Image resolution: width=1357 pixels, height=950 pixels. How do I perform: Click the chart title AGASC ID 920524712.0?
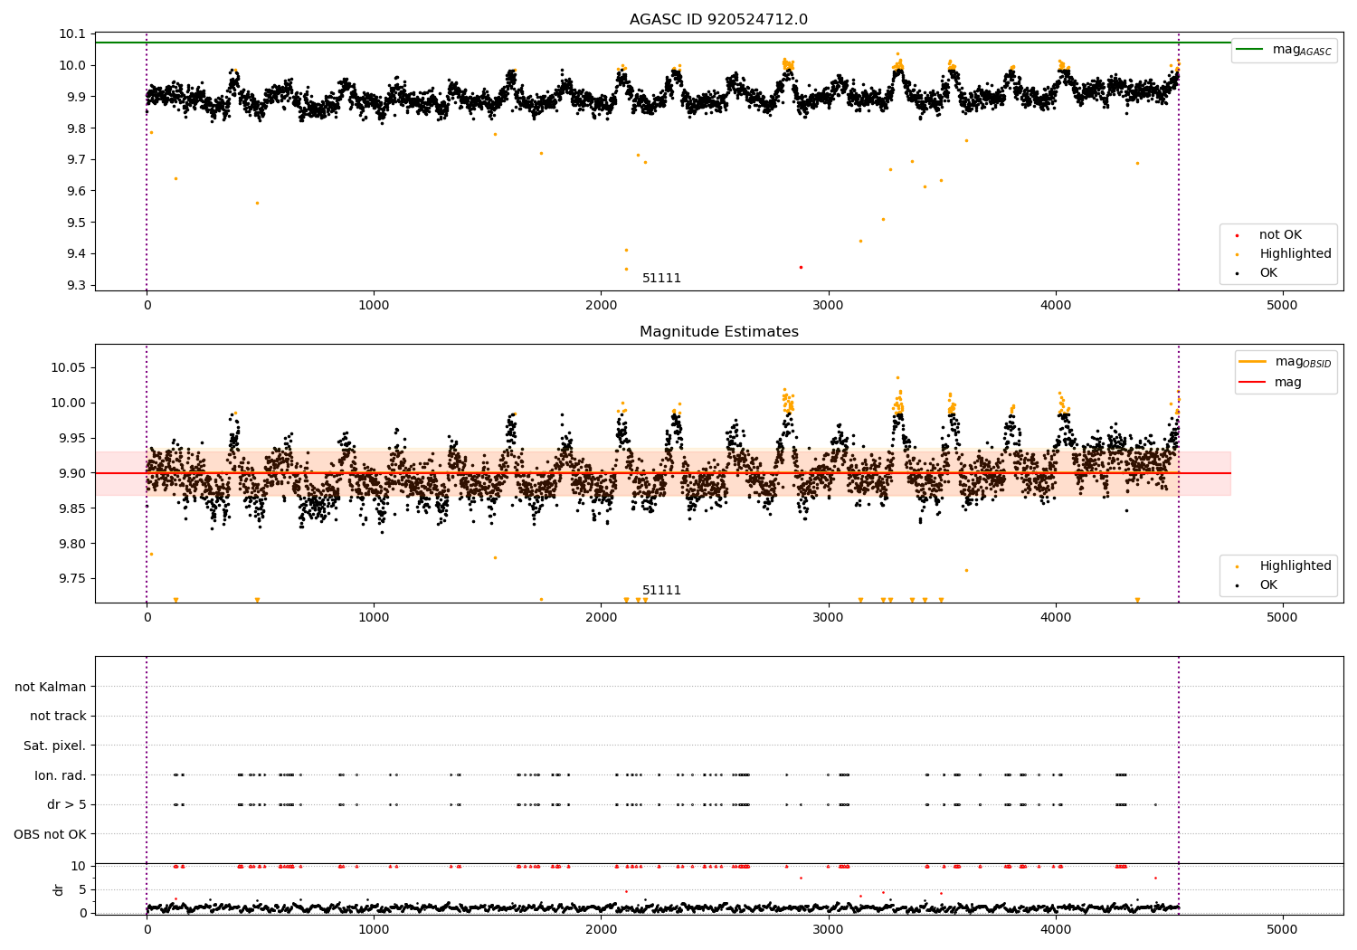click(718, 19)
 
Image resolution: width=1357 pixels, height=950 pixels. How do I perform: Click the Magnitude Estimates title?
click(719, 331)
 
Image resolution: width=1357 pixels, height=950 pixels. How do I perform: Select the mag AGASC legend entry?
click(1285, 50)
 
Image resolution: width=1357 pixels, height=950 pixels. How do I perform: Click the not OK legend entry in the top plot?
click(1271, 234)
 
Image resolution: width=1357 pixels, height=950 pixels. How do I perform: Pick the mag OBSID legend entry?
click(1286, 362)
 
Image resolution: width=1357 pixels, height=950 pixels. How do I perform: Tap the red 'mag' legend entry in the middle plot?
click(1271, 382)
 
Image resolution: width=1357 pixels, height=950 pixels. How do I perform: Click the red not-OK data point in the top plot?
click(801, 267)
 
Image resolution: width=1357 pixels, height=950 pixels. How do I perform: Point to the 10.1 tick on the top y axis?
click(72, 34)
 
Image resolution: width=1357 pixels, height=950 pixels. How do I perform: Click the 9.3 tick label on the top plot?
click(76, 285)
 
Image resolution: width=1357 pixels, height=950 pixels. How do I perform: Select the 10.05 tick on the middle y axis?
click(69, 367)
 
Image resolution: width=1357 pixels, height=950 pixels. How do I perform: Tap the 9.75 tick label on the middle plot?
click(72, 579)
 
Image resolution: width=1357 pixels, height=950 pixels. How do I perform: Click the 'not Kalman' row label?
click(51, 687)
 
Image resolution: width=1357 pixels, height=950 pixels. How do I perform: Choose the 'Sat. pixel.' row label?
click(54, 746)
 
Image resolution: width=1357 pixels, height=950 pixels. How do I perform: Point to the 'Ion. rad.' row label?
click(60, 774)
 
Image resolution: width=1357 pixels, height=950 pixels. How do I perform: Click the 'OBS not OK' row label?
click(50, 834)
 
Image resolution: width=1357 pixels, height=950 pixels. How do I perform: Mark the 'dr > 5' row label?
click(67, 804)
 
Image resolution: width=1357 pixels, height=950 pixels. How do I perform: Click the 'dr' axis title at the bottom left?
click(58, 889)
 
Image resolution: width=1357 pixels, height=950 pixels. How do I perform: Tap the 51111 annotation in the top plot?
click(661, 278)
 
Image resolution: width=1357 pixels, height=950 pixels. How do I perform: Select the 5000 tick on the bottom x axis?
click(1282, 930)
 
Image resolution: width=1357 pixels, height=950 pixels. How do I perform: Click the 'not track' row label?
click(58, 716)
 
